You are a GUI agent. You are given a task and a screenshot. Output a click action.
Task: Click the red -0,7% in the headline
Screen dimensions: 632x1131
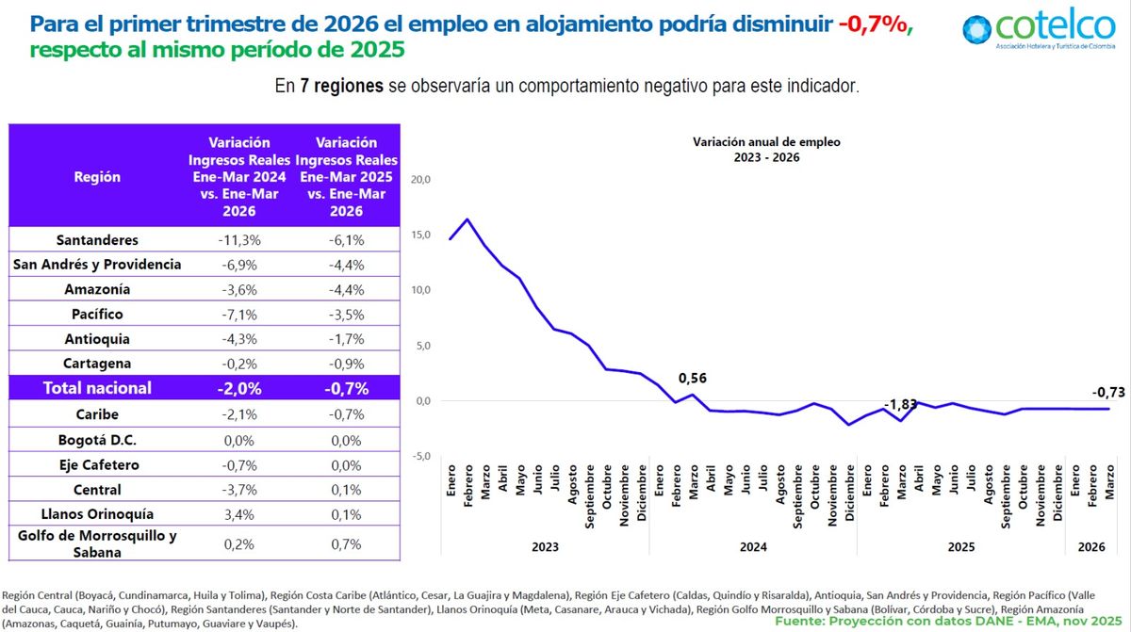(874, 24)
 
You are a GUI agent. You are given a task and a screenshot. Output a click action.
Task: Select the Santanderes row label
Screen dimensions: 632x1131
(97, 240)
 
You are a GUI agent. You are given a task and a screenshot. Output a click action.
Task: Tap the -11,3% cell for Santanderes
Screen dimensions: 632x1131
(239, 240)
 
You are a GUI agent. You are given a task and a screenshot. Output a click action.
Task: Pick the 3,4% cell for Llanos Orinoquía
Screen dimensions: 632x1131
(239, 514)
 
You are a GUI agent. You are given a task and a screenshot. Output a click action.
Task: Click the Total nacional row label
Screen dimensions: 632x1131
(97, 387)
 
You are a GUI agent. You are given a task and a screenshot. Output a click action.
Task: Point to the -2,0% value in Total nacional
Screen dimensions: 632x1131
(239, 387)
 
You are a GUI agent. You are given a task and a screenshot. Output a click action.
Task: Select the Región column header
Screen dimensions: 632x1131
(97, 176)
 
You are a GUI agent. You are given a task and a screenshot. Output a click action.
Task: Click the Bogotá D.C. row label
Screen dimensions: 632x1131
(97, 440)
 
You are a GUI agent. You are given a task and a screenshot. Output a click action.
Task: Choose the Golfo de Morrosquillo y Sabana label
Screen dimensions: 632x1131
(97, 544)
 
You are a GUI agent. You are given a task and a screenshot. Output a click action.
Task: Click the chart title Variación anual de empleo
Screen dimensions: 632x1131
(766, 141)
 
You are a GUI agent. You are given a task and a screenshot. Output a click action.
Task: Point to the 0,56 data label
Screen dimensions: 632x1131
(693, 379)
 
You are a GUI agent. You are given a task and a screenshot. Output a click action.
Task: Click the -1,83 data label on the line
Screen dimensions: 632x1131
(900, 405)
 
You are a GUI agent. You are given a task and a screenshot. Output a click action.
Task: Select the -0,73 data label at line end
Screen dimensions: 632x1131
(1108, 392)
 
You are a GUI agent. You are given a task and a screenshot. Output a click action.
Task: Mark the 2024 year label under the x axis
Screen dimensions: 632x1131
(752, 546)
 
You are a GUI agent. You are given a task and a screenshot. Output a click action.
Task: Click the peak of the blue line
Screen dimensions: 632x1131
(467, 219)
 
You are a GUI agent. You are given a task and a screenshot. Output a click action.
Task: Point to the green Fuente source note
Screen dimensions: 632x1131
(950, 622)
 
